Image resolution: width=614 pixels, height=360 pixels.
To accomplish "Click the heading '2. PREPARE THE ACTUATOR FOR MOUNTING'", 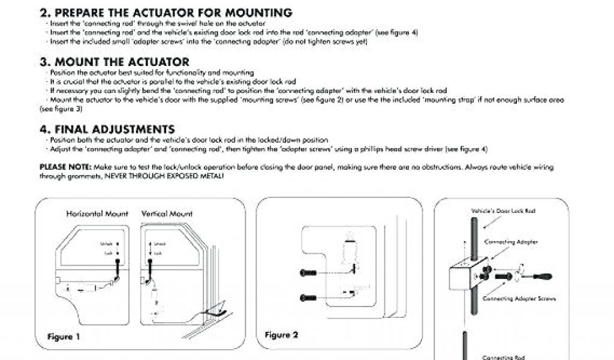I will (x=166, y=13).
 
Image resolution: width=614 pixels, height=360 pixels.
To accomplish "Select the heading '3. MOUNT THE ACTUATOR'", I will (x=115, y=62).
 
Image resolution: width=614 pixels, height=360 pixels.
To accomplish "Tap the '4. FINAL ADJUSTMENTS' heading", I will (x=107, y=129).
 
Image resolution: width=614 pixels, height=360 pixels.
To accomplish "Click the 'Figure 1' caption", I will (x=64, y=337).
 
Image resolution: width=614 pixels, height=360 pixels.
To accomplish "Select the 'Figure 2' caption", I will (x=281, y=335).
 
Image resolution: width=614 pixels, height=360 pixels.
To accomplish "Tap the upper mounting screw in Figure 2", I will (x=308, y=273).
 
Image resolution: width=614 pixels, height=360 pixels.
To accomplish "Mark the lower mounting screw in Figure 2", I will (x=308, y=297).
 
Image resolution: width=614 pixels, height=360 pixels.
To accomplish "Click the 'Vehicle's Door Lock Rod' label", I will (x=503, y=211).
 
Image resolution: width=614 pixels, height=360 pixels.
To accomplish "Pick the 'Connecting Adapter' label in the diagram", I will (x=510, y=242).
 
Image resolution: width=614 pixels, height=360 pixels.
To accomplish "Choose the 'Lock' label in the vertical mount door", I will (x=158, y=254).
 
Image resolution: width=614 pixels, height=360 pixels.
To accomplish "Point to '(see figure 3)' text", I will (x=61, y=110).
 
